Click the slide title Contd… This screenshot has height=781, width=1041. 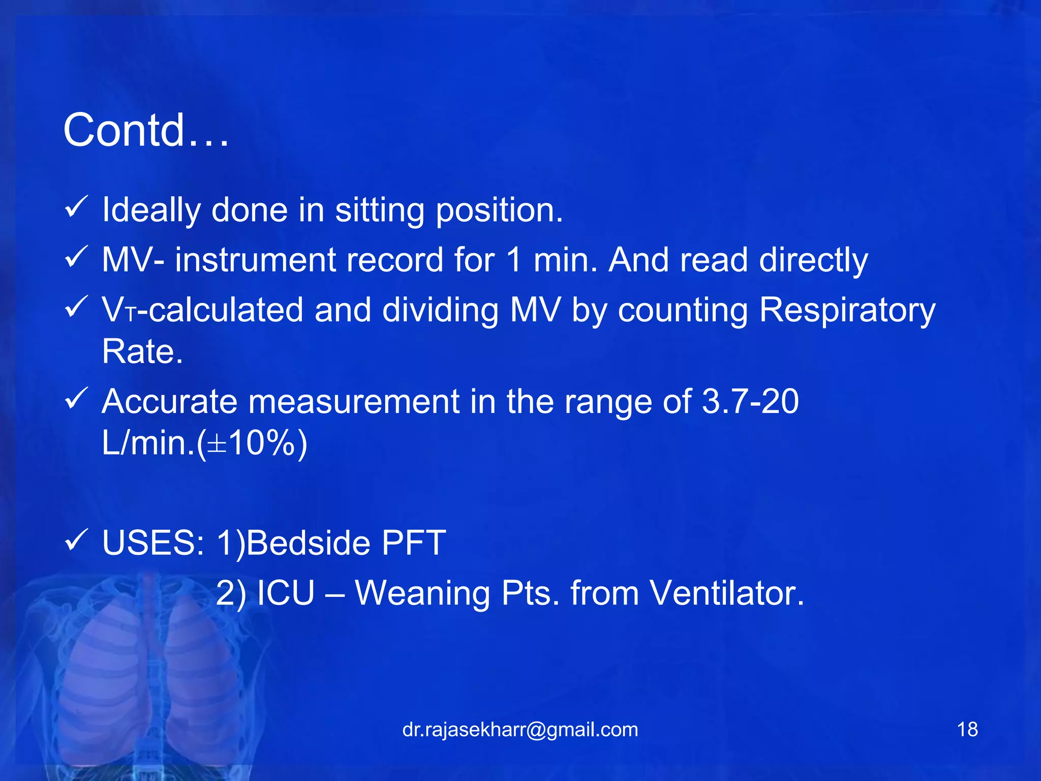(x=146, y=131)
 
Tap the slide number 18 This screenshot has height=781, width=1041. (x=967, y=730)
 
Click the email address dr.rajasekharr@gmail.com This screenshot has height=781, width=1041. (x=520, y=730)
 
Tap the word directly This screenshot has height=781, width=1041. (x=813, y=261)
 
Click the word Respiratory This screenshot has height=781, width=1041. (x=847, y=311)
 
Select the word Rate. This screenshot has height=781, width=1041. (x=142, y=351)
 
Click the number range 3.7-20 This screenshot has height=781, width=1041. (x=750, y=402)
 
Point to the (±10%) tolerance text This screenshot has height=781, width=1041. (x=252, y=443)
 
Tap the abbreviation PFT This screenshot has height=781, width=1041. (x=413, y=543)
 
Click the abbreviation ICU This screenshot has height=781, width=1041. (x=286, y=593)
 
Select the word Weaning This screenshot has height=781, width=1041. (x=422, y=594)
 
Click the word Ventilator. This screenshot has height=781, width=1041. (x=727, y=593)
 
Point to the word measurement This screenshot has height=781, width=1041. (x=354, y=402)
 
